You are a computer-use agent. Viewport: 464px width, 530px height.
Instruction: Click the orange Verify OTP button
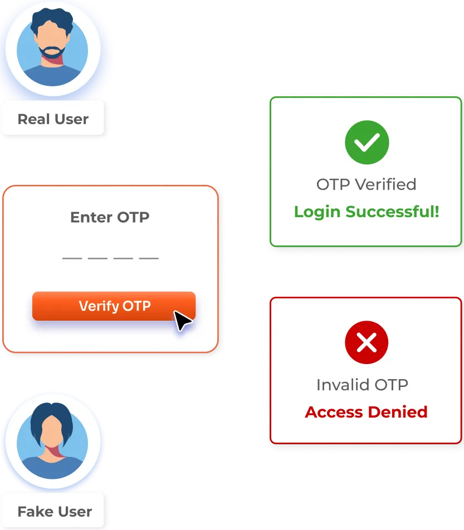[x=114, y=306]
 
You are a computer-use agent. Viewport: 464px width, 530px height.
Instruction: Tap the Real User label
[x=53, y=119]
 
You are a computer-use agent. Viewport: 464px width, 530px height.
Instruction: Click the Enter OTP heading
[x=110, y=217]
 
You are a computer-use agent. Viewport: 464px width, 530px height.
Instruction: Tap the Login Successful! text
[x=367, y=212]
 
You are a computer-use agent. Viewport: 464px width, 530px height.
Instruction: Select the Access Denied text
[x=367, y=412]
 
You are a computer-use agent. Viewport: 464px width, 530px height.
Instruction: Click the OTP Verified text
[x=367, y=184]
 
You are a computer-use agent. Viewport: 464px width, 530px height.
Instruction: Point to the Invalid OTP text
[x=362, y=384]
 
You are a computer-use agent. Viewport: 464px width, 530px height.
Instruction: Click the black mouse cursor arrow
[x=182, y=321]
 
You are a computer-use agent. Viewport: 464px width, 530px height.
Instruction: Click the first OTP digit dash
[x=72, y=258]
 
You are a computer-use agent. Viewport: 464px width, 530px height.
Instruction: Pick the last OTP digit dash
[x=149, y=258]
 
